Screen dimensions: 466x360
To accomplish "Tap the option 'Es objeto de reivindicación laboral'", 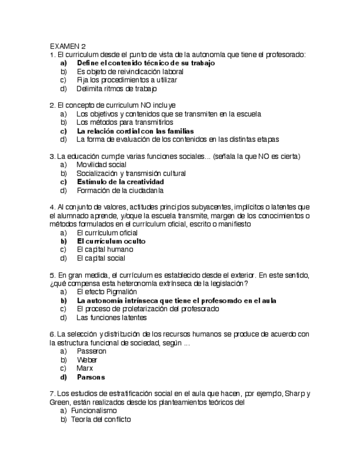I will [x=130, y=71].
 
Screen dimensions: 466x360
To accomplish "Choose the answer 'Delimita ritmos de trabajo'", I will [x=117, y=88].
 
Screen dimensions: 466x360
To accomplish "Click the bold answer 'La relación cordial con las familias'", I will [x=135, y=131].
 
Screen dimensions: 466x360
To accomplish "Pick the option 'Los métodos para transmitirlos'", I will [x=124, y=123].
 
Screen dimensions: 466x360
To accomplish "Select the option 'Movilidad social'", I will [x=101, y=165].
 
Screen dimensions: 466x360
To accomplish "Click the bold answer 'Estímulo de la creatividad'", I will [x=120, y=182].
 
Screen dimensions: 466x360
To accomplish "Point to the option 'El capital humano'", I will [x=104, y=249].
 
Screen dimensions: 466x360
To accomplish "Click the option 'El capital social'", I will [x=101, y=258].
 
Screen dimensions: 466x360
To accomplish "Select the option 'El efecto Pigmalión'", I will [x=108, y=292].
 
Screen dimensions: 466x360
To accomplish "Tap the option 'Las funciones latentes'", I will [x=111, y=318].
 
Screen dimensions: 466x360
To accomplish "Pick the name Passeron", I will [x=91, y=351].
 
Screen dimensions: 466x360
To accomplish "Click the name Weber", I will [x=87, y=360].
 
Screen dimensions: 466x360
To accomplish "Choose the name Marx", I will [x=85, y=369].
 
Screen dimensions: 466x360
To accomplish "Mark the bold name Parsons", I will [x=91, y=378].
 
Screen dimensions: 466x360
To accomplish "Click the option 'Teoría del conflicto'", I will [x=101, y=420].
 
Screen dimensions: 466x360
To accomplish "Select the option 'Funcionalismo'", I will [x=94, y=411].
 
